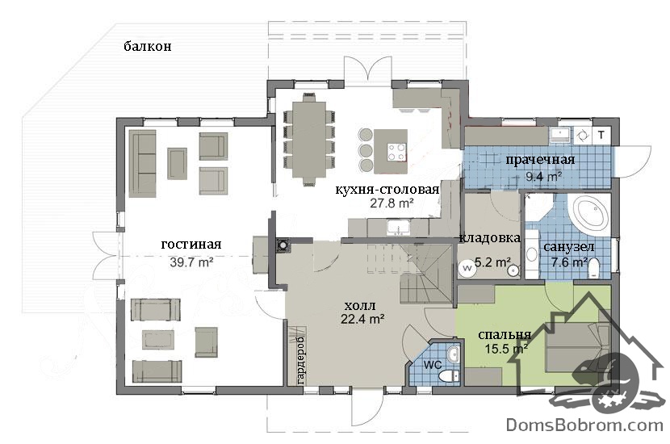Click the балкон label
[x=148, y=46]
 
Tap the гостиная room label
[x=191, y=245]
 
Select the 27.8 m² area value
[x=392, y=203]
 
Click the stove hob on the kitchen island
[x=396, y=152]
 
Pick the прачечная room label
[x=540, y=161]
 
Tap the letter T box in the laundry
[x=601, y=136]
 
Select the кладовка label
[x=490, y=238]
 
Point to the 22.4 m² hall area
[x=362, y=319]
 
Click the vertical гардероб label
[x=300, y=360]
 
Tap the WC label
[x=433, y=366]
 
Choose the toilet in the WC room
[x=450, y=376]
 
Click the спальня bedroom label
[x=505, y=335]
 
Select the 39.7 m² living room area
[x=191, y=262]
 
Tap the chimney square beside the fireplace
[x=283, y=245]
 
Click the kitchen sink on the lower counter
[x=399, y=228]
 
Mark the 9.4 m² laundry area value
[x=543, y=176]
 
